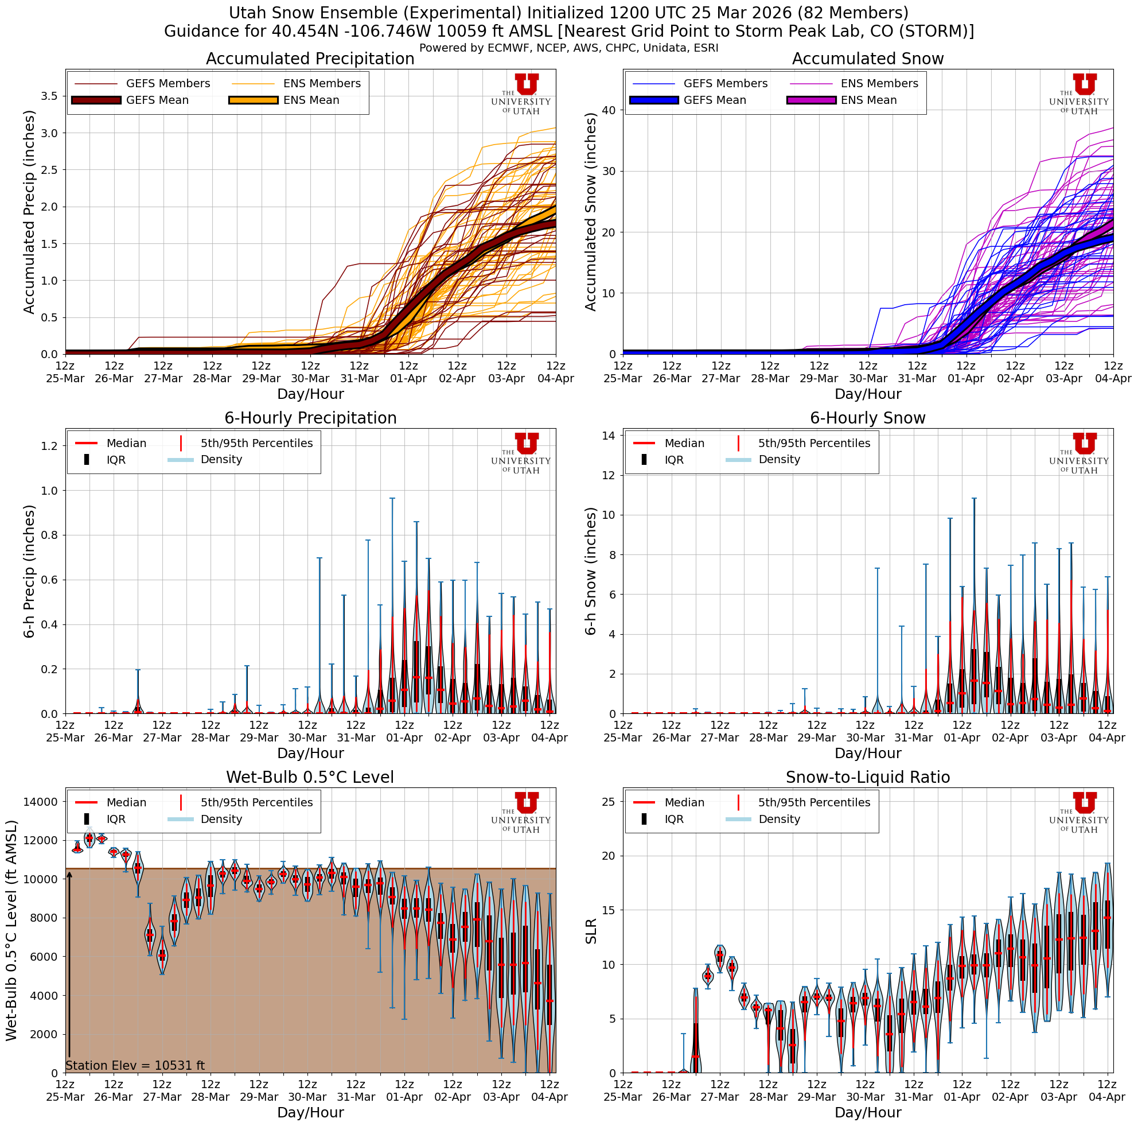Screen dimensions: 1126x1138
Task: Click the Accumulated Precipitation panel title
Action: pos(310,59)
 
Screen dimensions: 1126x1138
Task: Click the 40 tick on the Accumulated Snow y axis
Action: pos(609,110)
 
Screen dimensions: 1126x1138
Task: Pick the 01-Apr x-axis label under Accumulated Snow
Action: pos(966,373)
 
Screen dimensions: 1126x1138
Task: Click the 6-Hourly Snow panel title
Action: pos(868,418)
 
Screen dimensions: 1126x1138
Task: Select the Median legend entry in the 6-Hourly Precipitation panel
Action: pos(112,443)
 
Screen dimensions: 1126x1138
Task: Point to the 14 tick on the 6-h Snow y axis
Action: pos(609,436)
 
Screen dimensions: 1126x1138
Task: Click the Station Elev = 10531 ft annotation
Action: pos(135,1065)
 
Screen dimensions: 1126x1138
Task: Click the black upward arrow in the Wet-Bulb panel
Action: pos(69,966)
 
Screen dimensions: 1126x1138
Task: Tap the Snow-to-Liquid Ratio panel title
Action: pos(868,777)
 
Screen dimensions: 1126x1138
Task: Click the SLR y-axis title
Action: pos(591,931)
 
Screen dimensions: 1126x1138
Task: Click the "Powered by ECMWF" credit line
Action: pos(568,48)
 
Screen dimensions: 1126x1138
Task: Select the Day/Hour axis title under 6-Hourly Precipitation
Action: pos(310,753)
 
